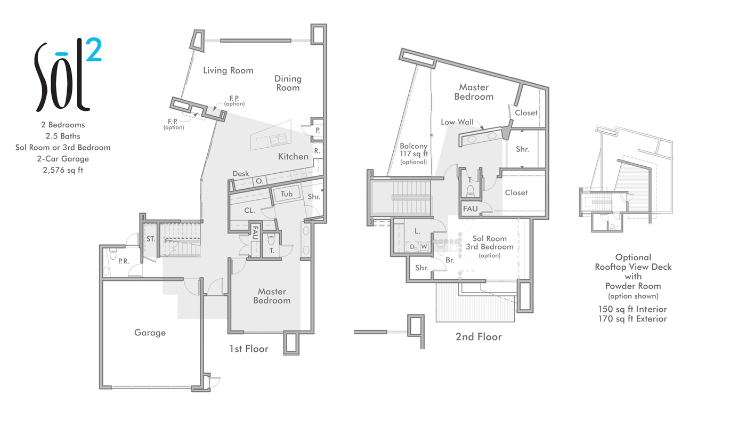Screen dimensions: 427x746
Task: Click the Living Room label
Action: [228, 70]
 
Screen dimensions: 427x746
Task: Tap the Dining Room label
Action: [288, 83]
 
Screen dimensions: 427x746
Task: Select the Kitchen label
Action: [293, 157]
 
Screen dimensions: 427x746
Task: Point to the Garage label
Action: [150, 333]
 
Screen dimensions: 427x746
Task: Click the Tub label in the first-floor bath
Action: [287, 194]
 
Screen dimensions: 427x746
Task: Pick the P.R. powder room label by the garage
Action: [123, 261]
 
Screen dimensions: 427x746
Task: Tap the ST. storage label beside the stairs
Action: [151, 239]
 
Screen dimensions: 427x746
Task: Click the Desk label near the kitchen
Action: [241, 174]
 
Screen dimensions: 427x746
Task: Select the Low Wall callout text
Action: [457, 122]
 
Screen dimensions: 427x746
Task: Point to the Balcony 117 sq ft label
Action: [414, 154]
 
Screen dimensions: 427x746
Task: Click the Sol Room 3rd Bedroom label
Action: [489, 243]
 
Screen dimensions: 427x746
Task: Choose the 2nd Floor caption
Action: [479, 337]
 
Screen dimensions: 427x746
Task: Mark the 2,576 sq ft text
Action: [63, 170]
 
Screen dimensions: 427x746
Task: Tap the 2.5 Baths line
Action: [63, 136]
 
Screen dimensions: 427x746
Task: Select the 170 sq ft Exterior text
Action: [633, 319]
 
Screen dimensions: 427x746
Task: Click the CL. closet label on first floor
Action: [249, 211]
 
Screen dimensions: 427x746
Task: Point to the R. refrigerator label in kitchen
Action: [316, 151]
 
